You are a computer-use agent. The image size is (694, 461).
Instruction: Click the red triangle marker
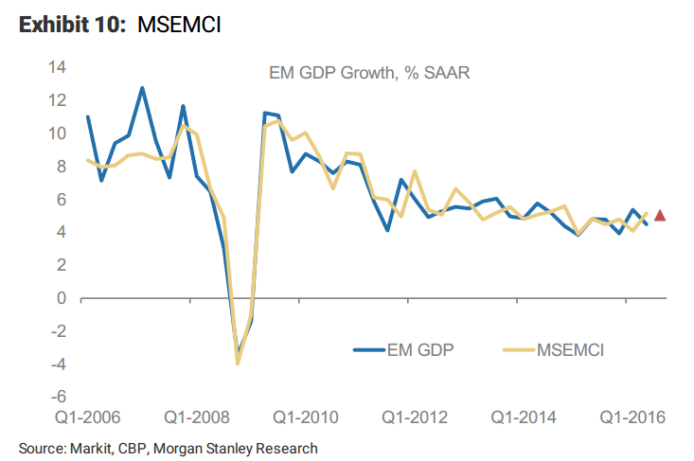[x=660, y=216]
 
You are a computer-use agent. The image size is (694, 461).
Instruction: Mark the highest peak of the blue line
[x=142, y=88]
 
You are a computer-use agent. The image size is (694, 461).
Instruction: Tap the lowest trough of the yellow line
[x=238, y=363]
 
